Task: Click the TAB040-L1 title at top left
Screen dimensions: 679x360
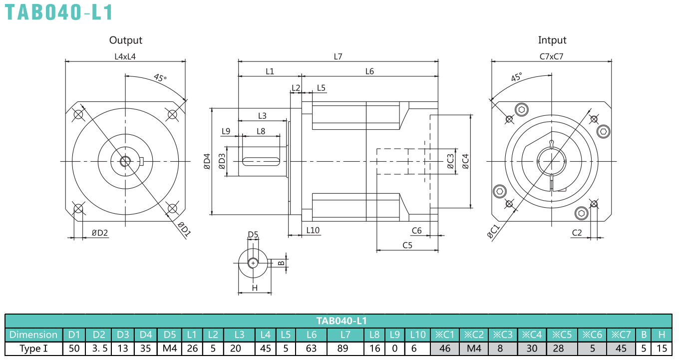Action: [x=59, y=12]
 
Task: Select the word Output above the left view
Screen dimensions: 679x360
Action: [x=125, y=40]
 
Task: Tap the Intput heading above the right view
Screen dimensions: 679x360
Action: [x=552, y=40]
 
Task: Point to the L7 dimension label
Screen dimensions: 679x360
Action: [x=338, y=56]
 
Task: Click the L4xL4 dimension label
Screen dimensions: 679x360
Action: [x=125, y=56]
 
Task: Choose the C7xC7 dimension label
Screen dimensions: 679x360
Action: [x=551, y=56]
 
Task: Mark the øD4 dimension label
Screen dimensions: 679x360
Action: [x=207, y=161]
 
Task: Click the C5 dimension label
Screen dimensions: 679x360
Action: [x=407, y=245]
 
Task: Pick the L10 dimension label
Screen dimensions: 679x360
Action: [x=313, y=230]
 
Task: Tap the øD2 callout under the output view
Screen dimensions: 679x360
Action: [x=100, y=233]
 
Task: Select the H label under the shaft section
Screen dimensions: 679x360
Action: [x=255, y=288]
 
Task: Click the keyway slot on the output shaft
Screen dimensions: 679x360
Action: [x=261, y=161]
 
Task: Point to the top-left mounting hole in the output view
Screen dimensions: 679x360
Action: [x=78, y=114]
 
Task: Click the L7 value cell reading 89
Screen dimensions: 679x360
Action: [x=345, y=349]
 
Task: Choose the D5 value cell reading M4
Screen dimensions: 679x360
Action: [x=169, y=349]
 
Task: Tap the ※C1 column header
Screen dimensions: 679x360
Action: [x=445, y=335]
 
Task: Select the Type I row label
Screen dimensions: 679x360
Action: [x=33, y=349]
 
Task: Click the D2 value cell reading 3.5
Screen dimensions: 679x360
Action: [x=98, y=349]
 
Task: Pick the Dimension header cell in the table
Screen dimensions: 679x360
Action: [x=33, y=335]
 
